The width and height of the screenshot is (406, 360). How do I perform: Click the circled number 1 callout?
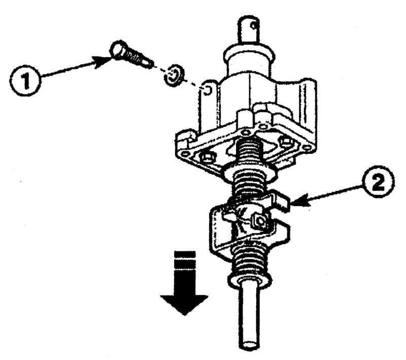25,80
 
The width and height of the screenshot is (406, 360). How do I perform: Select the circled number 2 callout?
379,182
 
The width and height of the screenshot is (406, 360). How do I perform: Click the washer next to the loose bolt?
174,76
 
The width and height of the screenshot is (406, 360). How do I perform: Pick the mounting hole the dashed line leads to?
208,91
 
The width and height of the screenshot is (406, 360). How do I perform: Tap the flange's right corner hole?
308,148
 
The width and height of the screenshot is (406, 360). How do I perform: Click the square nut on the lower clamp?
260,221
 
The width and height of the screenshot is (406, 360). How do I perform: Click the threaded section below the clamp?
249,259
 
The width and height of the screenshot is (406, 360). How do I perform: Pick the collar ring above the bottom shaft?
249,280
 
